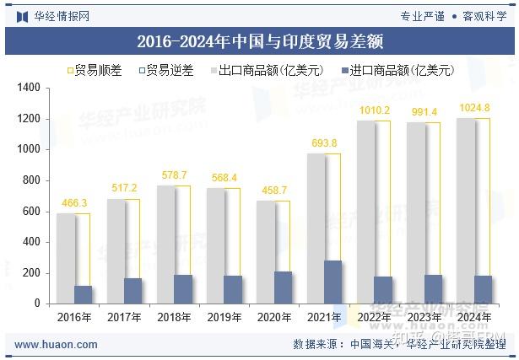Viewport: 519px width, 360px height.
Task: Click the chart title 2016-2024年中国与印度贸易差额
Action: [259, 41]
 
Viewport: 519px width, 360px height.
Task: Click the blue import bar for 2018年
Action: [183, 288]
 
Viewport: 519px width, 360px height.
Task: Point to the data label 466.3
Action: [73, 204]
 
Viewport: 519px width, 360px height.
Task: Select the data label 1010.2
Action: [374, 110]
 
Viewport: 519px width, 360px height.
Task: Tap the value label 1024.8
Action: [473, 107]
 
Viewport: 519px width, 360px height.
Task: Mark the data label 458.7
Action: [273, 191]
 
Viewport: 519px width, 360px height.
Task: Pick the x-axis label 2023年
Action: [424, 318]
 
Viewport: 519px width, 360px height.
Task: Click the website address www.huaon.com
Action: [57, 344]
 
